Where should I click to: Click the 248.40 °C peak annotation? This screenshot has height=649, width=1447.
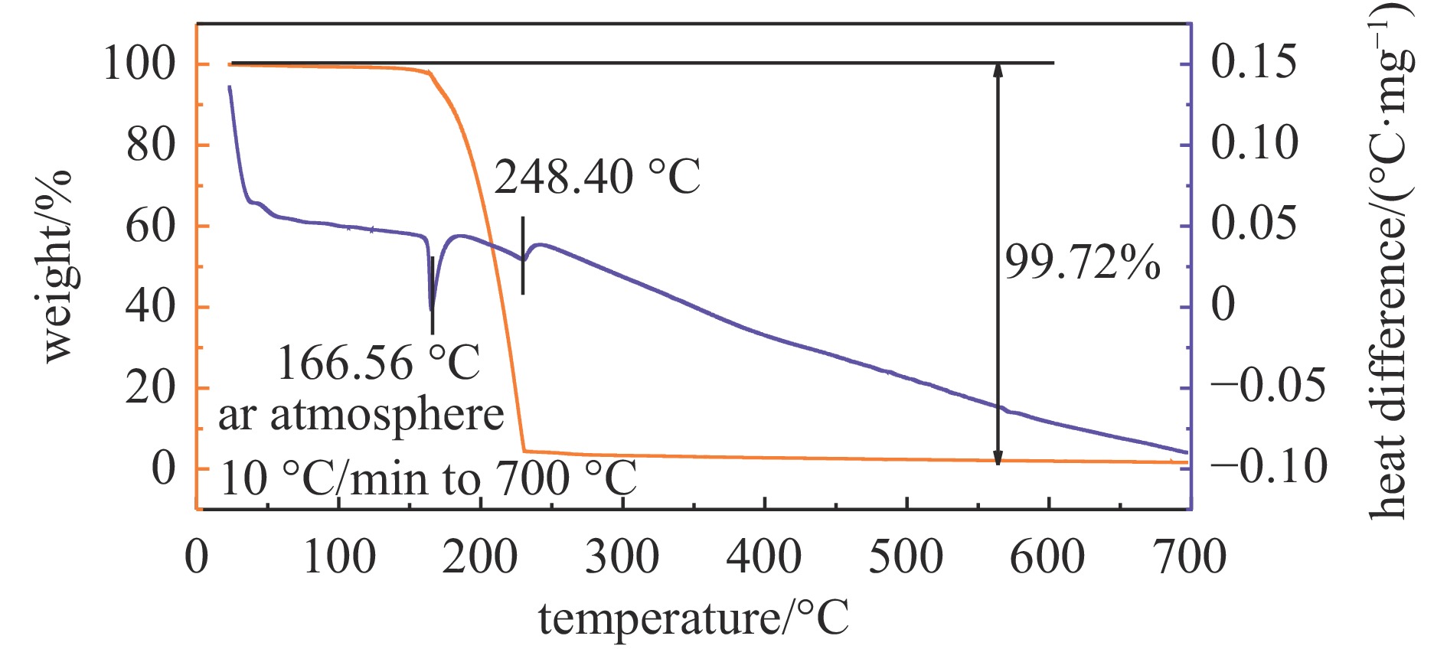[x=596, y=178]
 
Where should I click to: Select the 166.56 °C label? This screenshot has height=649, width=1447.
[x=378, y=362]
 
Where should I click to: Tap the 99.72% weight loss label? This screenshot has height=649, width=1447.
[x=1082, y=263]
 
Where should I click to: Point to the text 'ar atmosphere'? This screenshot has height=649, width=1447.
[x=361, y=416]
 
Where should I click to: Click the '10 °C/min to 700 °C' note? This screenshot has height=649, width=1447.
[x=428, y=478]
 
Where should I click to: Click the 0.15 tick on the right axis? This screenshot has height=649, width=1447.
[x=1254, y=62]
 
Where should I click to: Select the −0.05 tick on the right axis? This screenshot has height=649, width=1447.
[x=1268, y=385]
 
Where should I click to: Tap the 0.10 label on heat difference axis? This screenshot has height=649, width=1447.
[x=1254, y=143]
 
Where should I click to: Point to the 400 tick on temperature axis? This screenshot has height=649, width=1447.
[x=763, y=556]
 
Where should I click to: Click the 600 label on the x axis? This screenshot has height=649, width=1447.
[x=1047, y=556]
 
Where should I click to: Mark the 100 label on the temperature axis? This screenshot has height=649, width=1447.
[x=339, y=556]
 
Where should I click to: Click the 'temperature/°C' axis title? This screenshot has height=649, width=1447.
[x=694, y=618]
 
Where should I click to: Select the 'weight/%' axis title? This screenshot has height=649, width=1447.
[x=57, y=266]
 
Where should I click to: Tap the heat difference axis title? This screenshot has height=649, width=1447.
[x=1390, y=260]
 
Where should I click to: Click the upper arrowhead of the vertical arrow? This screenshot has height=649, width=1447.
[x=998, y=69]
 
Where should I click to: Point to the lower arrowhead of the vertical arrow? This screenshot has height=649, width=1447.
[x=998, y=459]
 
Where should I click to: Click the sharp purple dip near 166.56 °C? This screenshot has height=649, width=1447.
[x=432, y=308]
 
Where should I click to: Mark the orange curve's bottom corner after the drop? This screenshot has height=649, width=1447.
[x=524, y=451]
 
